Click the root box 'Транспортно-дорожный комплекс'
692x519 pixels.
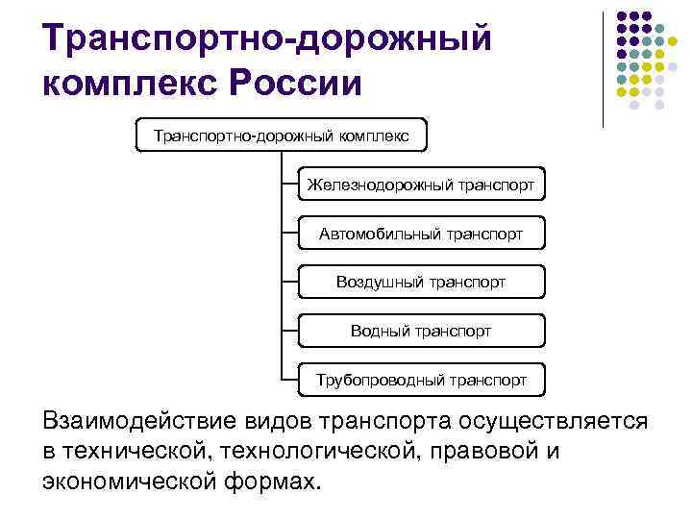pos(281,136)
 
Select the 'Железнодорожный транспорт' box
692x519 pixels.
pos(421,184)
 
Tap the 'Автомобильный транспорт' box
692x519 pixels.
pos(421,233)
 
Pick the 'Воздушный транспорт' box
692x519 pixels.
pos(421,282)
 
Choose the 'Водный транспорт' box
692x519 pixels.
pos(421,331)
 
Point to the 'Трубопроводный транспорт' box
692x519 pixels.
pos(421,380)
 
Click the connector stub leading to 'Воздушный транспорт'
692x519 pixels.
pos(288,282)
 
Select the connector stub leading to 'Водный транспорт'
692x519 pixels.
pos(288,331)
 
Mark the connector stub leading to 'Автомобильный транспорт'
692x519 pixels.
pos(288,233)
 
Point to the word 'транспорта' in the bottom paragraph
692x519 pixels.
pos(365,421)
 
